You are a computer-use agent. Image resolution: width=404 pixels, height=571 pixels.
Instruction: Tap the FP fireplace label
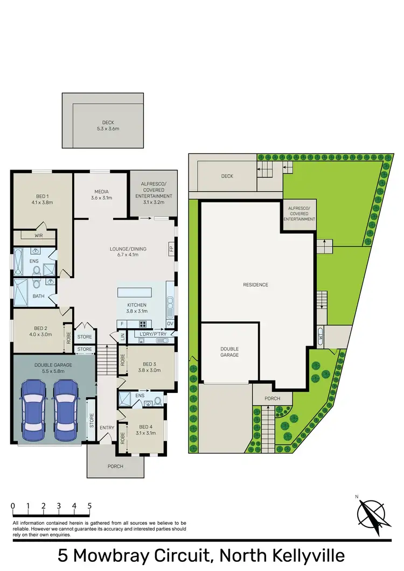coord(171,249)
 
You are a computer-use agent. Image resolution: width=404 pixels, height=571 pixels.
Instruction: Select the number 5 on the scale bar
coord(89,506)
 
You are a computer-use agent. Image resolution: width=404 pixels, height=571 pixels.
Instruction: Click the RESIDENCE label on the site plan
coord(255,285)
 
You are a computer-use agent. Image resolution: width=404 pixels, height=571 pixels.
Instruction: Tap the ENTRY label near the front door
coord(107,428)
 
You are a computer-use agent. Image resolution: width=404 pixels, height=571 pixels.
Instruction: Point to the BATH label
coord(38,296)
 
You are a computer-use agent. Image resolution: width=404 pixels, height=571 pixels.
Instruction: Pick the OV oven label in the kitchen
coord(170,323)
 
